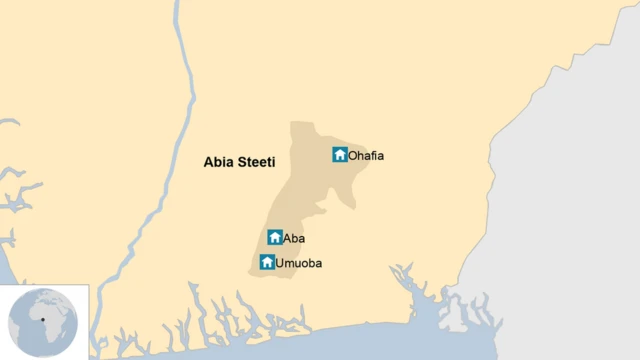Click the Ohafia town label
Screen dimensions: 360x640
(366, 155)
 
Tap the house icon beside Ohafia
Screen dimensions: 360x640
(340, 155)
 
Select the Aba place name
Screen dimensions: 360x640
(294, 238)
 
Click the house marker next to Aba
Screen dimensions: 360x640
(275, 238)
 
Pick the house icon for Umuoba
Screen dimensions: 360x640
(267, 262)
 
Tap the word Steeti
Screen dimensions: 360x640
(255, 160)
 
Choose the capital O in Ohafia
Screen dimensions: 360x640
(353, 155)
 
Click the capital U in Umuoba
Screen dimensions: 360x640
(281, 263)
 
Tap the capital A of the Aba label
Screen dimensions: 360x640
(288, 238)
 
